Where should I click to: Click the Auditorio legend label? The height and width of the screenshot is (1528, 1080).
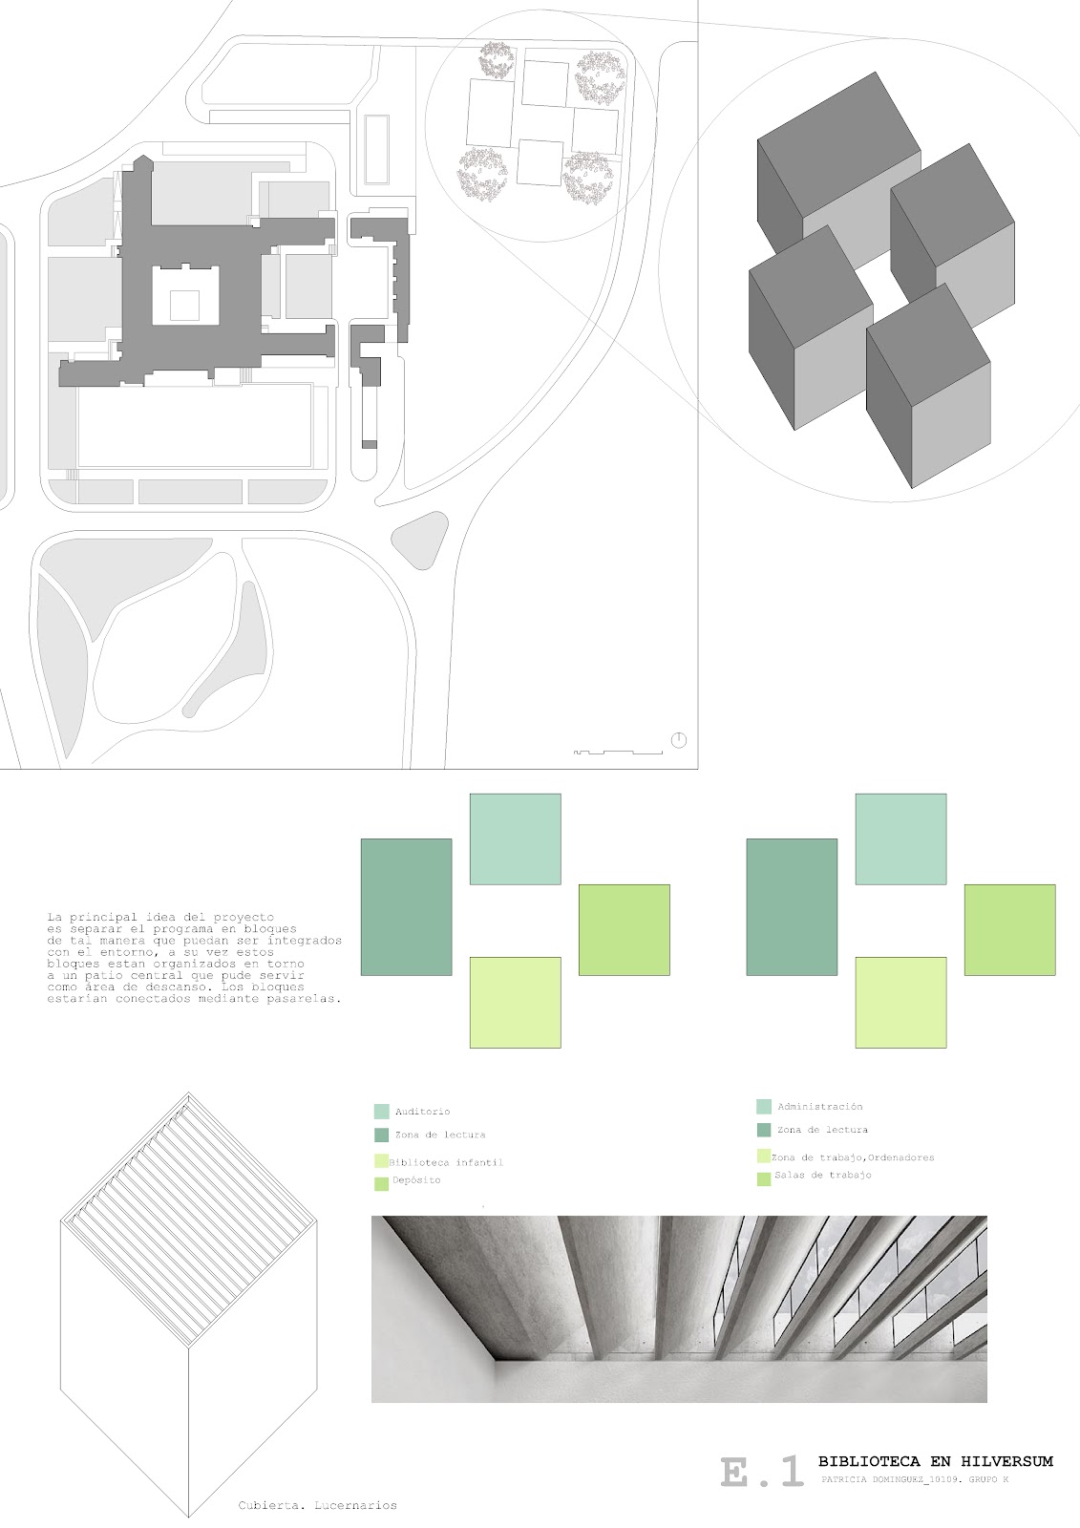[x=422, y=1112]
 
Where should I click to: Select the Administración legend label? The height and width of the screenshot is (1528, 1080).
[x=819, y=1107]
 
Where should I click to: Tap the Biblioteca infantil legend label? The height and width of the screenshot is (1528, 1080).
[x=446, y=1162]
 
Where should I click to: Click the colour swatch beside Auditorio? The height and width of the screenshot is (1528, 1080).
[x=381, y=1112]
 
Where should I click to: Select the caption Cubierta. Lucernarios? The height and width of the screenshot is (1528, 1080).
[x=318, y=1506]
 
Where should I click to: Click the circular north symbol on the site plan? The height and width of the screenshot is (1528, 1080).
[x=679, y=740]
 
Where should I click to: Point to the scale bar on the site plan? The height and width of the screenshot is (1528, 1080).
[x=619, y=752]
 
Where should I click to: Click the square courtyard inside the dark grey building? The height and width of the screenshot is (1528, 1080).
[x=186, y=304]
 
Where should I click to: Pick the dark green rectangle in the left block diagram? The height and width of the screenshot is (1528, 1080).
[x=406, y=906]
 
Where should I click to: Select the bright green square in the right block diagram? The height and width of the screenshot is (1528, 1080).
[x=1009, y=929]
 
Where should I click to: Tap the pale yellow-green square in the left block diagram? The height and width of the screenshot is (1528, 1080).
[x=515, y=1002]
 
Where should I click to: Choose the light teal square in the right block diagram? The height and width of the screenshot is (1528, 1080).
[x=900, y=838]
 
